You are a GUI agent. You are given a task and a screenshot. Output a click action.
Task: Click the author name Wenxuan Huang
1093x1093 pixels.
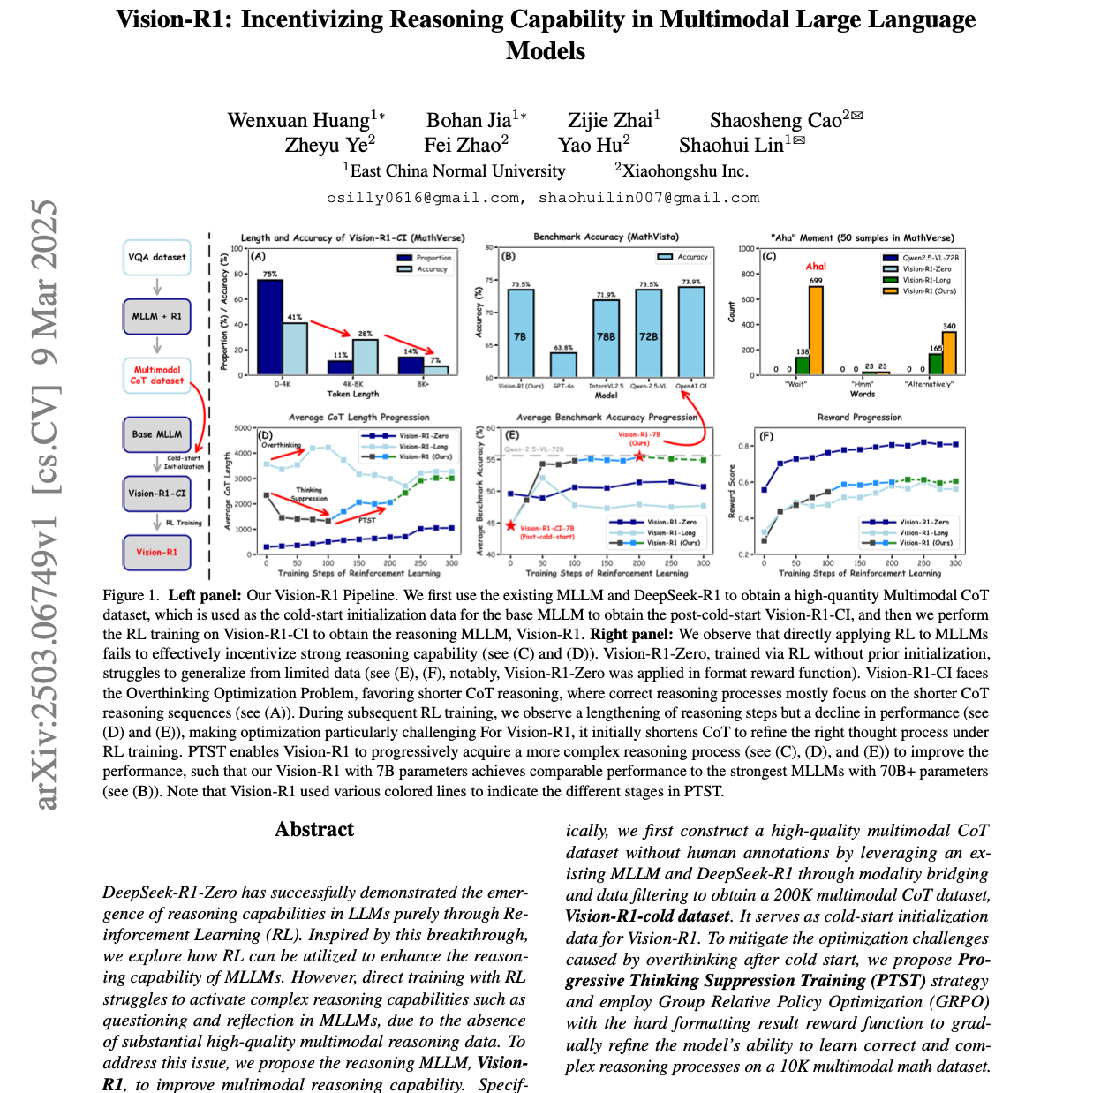298,120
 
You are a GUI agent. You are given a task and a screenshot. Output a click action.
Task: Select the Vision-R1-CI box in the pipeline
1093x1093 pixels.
157,494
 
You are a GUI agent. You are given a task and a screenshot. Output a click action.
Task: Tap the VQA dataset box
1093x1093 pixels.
157,258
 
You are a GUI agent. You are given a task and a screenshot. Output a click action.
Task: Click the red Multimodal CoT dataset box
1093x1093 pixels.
157,375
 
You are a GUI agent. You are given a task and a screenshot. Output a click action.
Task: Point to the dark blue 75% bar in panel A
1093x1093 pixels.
269,327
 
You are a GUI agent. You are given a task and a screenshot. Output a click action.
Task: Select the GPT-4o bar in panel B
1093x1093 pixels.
563,364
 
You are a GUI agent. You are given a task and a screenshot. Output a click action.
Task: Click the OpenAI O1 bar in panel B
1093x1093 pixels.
691,332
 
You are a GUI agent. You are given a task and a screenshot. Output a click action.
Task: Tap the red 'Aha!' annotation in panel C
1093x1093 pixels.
816,267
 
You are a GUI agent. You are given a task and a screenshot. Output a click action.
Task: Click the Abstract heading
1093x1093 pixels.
314,829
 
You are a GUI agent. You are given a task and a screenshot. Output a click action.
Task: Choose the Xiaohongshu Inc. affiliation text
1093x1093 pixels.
685,171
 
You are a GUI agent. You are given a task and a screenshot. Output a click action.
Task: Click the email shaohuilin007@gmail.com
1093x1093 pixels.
649,198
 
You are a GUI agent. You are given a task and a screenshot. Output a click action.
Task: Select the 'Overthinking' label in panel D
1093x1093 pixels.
282,445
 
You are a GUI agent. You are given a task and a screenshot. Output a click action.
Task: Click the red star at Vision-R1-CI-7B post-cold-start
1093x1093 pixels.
510,525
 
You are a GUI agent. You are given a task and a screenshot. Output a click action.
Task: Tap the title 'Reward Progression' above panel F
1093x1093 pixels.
860,417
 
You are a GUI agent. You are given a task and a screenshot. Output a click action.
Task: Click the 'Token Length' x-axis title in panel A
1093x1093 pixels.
352,394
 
